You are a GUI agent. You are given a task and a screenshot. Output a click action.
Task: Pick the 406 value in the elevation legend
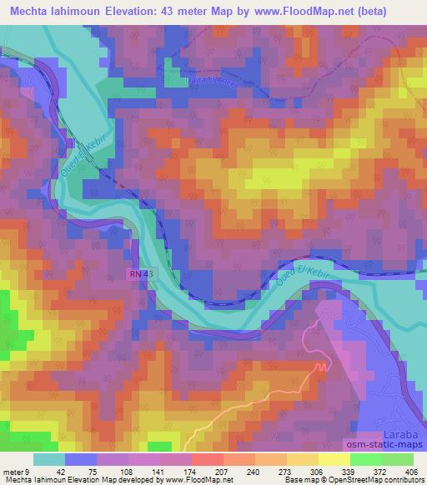click(x=409, y=471)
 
